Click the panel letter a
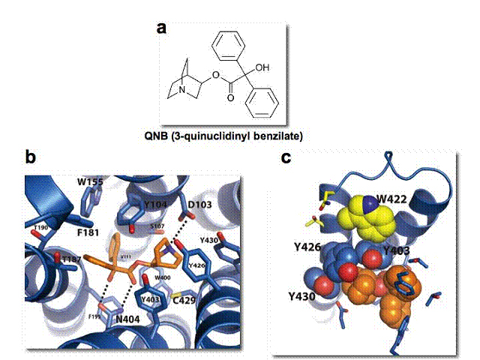click(x=160, y=28)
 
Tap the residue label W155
click(x=90, y=182)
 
